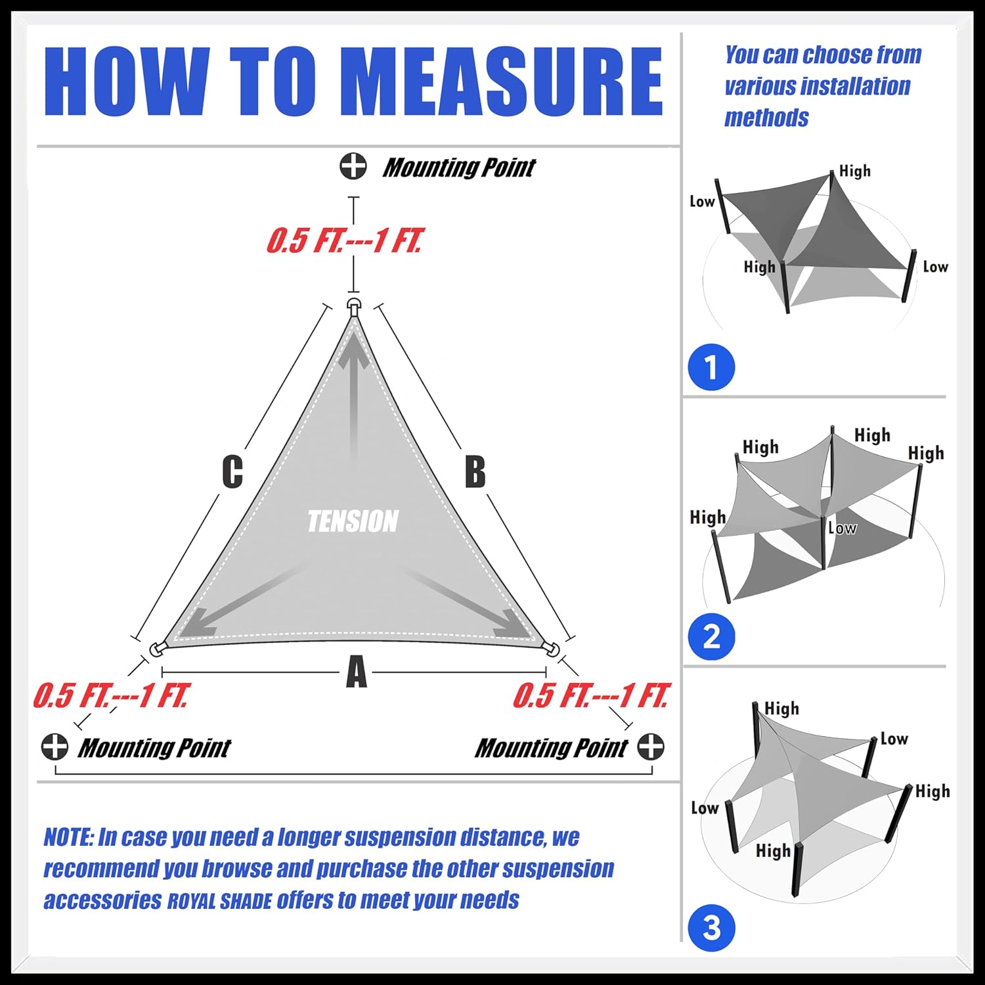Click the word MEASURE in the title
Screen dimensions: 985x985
(502, 82)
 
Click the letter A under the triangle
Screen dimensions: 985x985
(356, 672)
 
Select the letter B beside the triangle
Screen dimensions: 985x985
(475, 471)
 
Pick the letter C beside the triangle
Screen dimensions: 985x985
(232, 471)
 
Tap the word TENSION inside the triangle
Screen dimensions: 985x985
(353, 521)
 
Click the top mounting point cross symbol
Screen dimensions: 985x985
(353, 166)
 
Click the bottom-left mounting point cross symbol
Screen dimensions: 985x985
(55, 747)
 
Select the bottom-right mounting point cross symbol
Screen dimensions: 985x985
(651, 747)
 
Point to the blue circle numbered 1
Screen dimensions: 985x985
(711, 367)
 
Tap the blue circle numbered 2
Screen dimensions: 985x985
(711, 637)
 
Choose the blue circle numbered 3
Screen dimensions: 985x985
(711, 928)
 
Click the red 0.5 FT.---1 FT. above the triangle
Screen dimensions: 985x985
(344, 241)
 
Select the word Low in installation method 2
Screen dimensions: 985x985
(843, 528)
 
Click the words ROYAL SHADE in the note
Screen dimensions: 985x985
(219, 902)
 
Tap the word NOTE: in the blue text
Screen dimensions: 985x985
(68, 837)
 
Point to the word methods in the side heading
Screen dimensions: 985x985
(766, 118)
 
